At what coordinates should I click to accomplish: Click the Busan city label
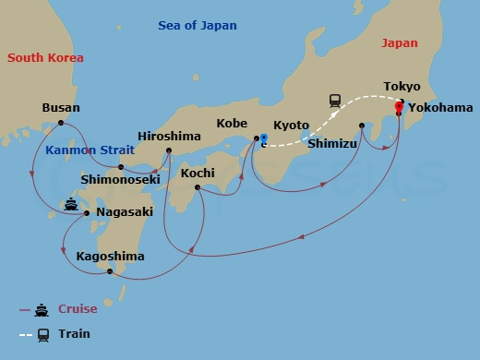coord(61,108)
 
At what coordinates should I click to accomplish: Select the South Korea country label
coord(46,58)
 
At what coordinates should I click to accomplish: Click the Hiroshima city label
coord(169,136)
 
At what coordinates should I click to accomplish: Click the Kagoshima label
coord(110,256)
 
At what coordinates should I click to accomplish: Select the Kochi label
coord(198,173)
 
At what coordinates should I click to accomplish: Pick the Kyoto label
coord(292,126)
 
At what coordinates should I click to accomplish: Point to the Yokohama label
coord(440,107)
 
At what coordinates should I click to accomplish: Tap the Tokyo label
coord(402,87)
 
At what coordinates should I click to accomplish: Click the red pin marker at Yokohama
coord(399,107)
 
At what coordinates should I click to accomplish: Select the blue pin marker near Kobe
coord(263,139)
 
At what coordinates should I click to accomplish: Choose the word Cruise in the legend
coord(78,309)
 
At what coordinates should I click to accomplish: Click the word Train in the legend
coord(74,333)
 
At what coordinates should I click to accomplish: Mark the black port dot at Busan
coord(61,123)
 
